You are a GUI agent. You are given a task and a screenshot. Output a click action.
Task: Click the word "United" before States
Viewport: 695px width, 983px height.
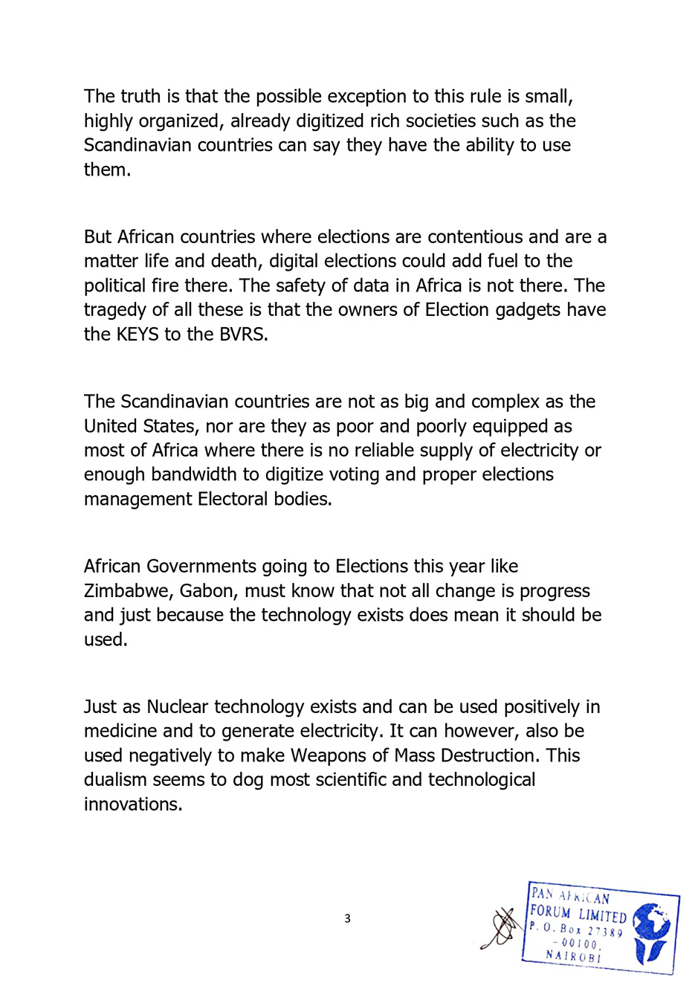pos(107,427)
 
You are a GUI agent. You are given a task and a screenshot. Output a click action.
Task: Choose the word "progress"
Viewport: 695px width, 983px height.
pos(555,591)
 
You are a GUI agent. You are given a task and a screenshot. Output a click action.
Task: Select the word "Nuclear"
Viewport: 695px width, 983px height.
pos(177,707)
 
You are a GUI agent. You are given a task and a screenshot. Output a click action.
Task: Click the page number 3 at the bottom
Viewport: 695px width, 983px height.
pos(347,919)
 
